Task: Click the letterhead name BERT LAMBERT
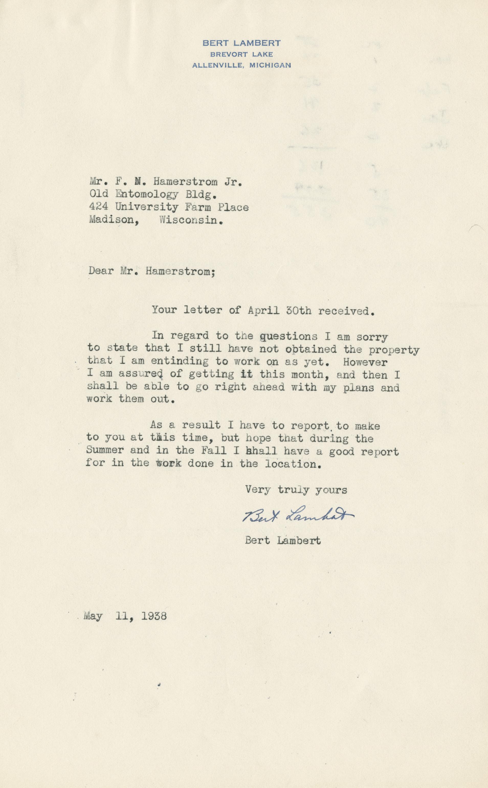pyautogui.click(x=241, y=43)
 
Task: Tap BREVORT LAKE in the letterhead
pyautogui.click(x=241, y=54)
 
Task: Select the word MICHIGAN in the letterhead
pyautogui.click(x=270, y=65)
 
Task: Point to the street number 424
pyautogui.click(x=98, y=207)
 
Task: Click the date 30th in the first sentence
pyautogui.click(x=298, y=311)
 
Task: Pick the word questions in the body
pyautogui.click(x=289, y=337)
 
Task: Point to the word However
pyautogui.click(x=365, y=362)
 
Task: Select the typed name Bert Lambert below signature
pyautogui.click(x=283, y=541)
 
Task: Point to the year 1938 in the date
pyautogui.click(x=154, y=616)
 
